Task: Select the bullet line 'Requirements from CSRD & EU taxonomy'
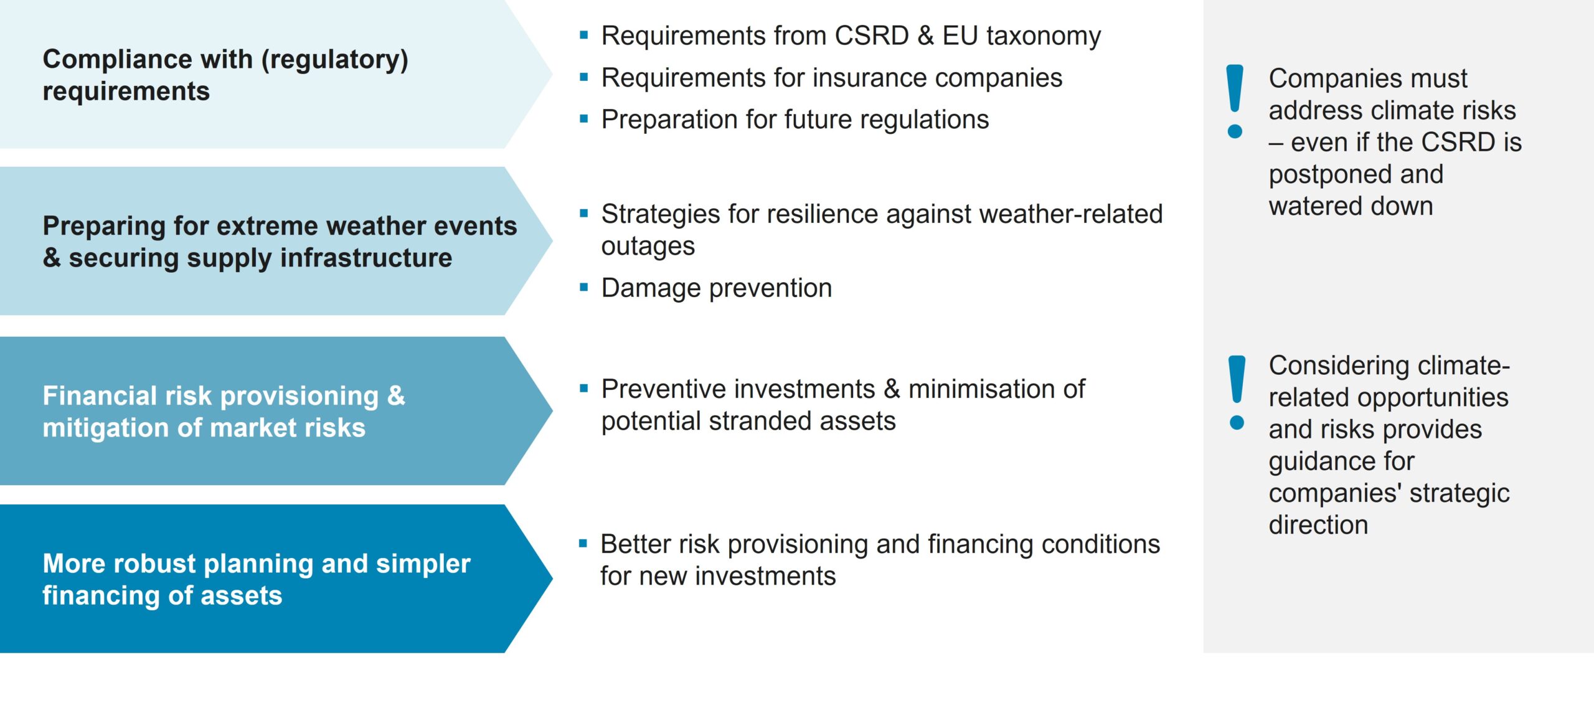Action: coord(851,36)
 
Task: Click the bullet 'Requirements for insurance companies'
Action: coord(831,78)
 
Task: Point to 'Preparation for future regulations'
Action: coord(795,120)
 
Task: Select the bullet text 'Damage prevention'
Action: coord(716,288)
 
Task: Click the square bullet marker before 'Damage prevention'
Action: coord(583,288)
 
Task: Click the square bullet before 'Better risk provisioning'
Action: coord(583,544)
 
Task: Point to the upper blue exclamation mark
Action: coord(1234,101)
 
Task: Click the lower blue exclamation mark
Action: coord(1237,393)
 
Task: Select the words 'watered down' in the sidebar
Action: coord(1351,206)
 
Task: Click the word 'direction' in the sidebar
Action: coord(1318,525)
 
